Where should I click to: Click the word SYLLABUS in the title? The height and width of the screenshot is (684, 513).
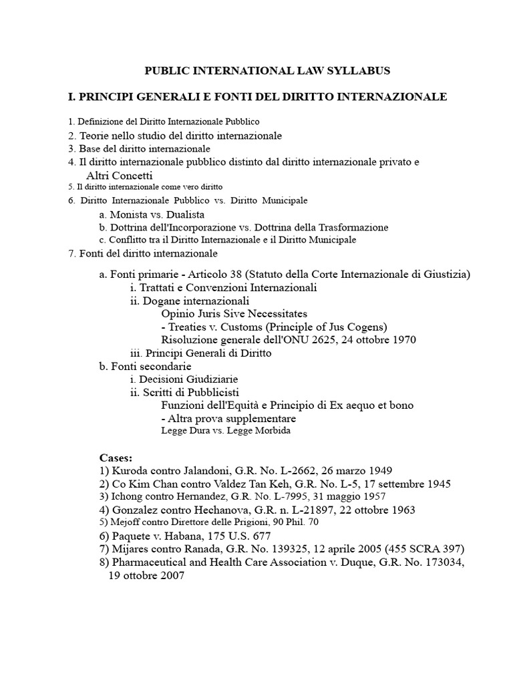point(357,70)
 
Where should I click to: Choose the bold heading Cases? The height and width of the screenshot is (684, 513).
point(116,458)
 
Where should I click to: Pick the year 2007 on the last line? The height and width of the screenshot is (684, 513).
point(170,575)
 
